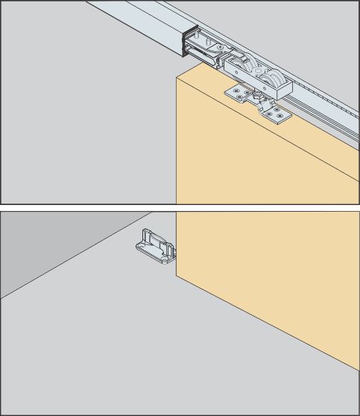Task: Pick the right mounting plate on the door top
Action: point(275,114)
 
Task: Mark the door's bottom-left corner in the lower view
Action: point(177,275)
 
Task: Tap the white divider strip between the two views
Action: point(180,208)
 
